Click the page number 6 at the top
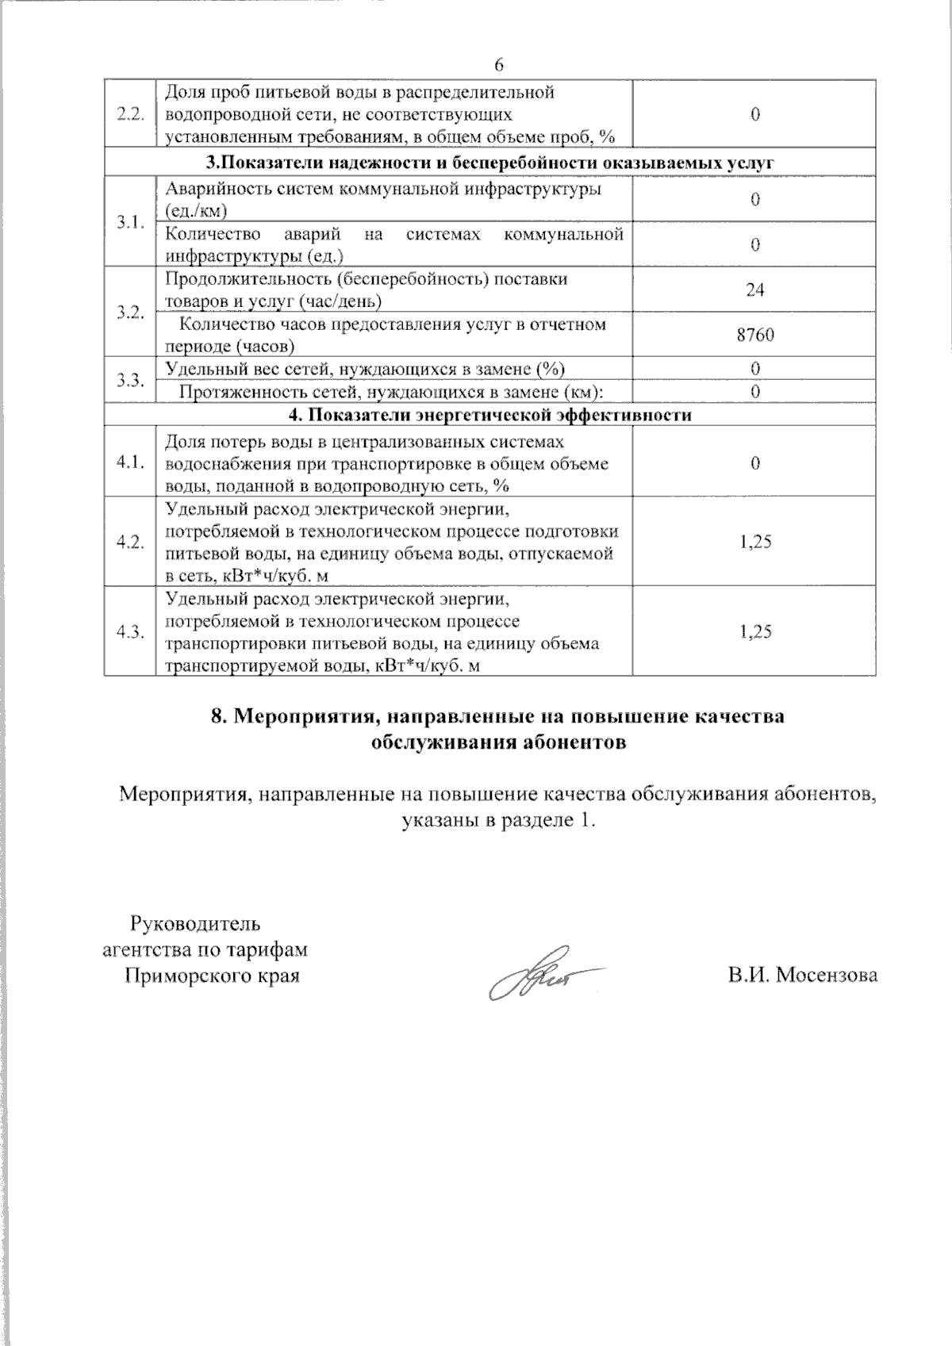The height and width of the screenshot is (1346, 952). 498,64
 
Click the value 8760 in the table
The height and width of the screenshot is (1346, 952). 754,335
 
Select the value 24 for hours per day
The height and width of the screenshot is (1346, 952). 754,290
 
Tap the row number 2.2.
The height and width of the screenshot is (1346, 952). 129,114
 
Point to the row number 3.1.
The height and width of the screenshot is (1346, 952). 129,222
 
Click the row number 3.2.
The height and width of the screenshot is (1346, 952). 129,312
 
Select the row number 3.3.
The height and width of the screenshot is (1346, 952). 129,380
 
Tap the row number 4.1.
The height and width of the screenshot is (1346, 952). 129,463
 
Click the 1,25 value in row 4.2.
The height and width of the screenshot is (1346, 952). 754,542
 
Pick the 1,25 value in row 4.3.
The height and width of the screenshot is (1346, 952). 754,631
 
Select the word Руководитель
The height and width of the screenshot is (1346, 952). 194,924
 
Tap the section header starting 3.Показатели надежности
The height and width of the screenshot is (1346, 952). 489,163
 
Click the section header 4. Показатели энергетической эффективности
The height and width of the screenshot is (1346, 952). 489,415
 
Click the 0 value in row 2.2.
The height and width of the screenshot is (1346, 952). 754,114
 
